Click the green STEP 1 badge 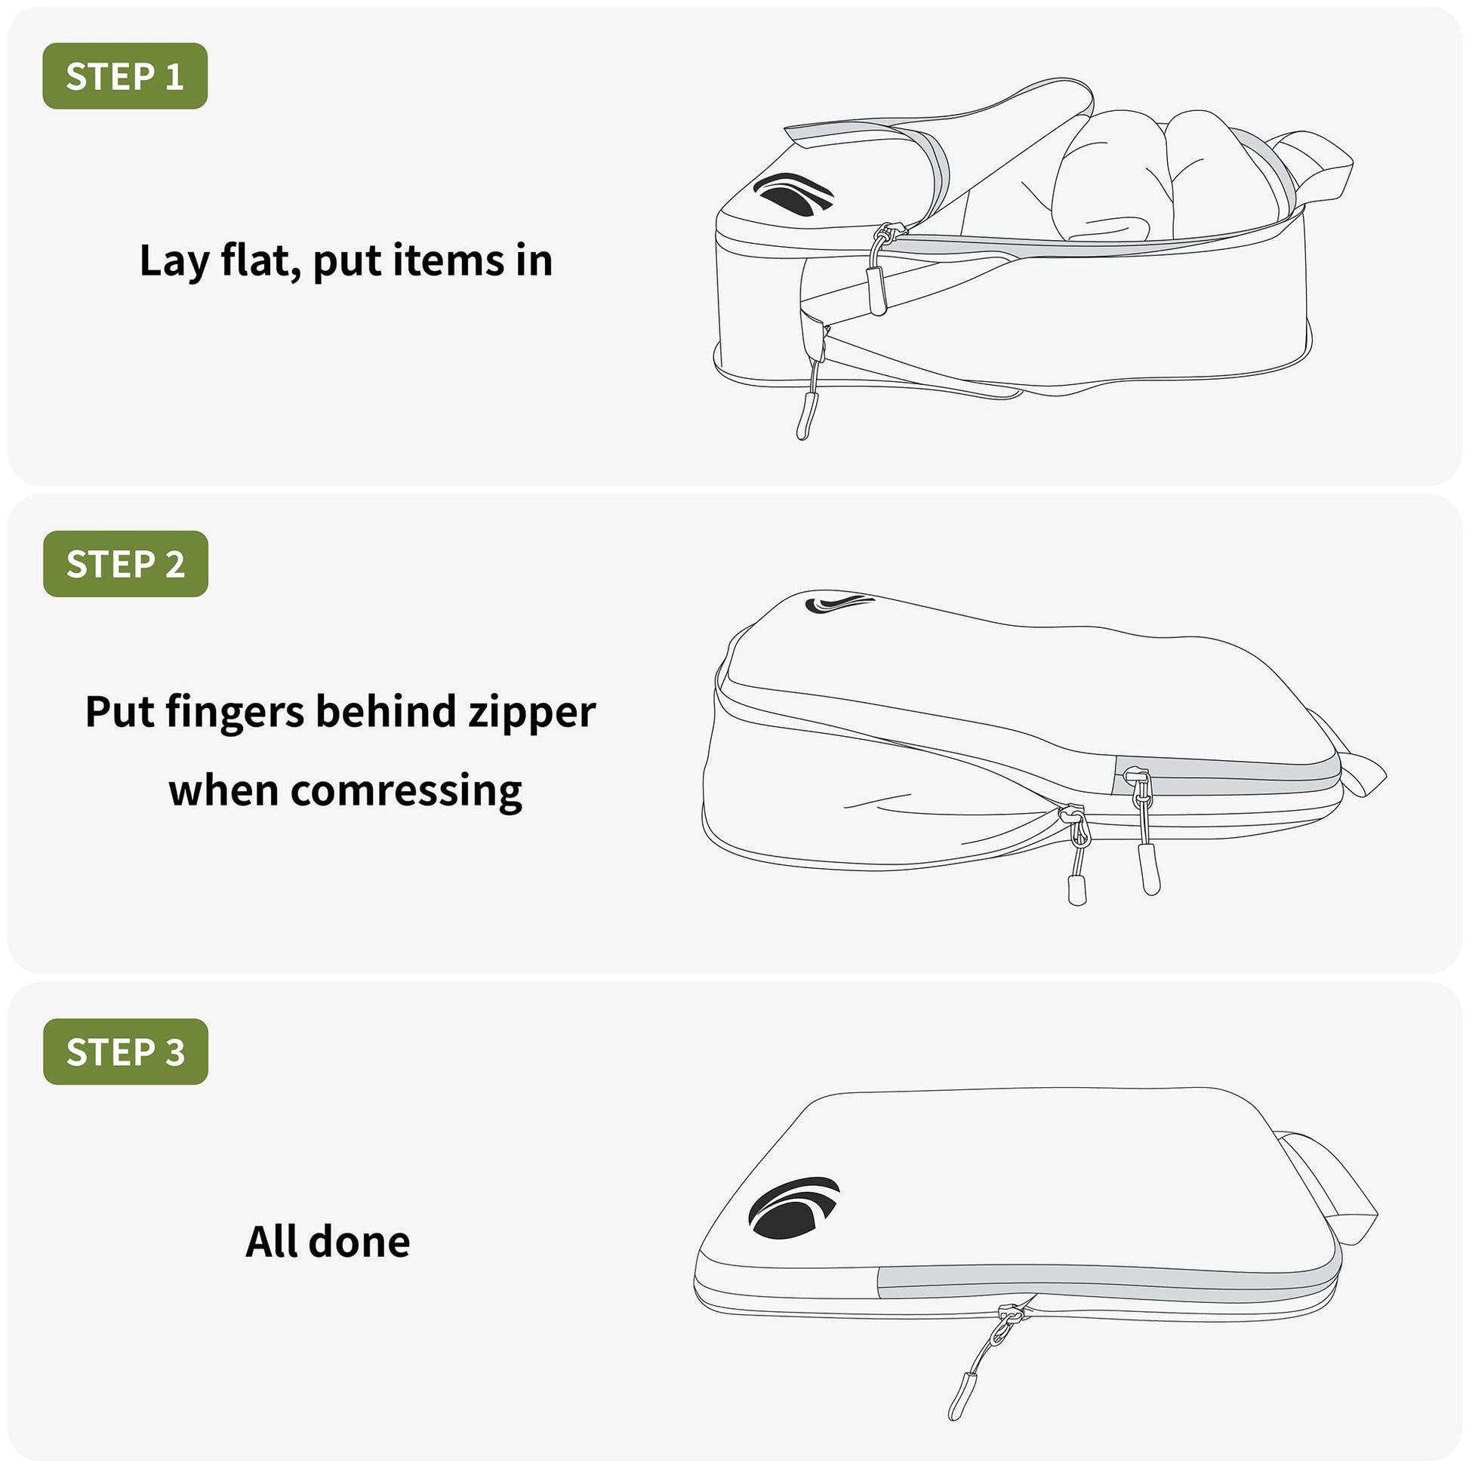point(125,76)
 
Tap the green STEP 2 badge point(125,563)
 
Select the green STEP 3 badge point(125,1052)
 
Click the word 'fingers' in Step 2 point(234,713)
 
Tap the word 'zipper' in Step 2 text point(531,713)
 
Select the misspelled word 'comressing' point(407,792)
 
